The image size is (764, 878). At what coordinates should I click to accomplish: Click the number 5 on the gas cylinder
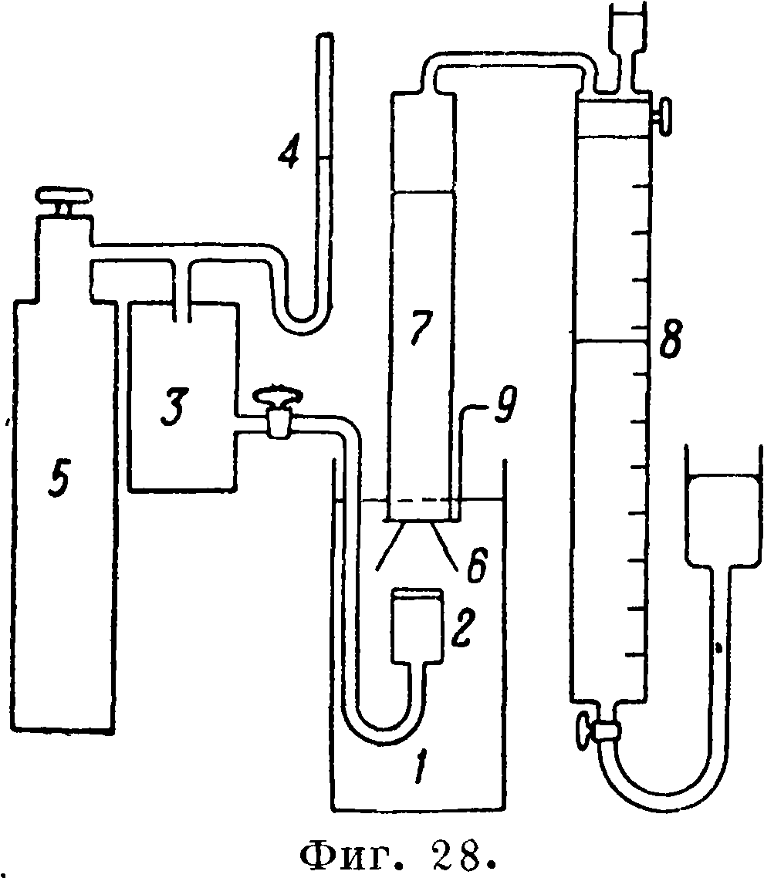[59, 481]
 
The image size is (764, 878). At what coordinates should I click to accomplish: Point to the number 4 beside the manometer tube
[289, 150]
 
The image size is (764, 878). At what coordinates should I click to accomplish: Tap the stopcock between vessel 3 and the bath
[278, 414]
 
